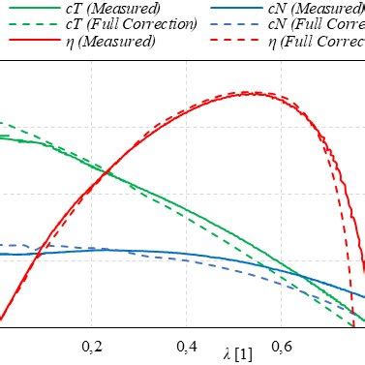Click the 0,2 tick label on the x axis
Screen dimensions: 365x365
[93, 346]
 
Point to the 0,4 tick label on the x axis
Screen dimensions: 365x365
[188, 346]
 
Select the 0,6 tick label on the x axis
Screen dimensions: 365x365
[283, 346]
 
